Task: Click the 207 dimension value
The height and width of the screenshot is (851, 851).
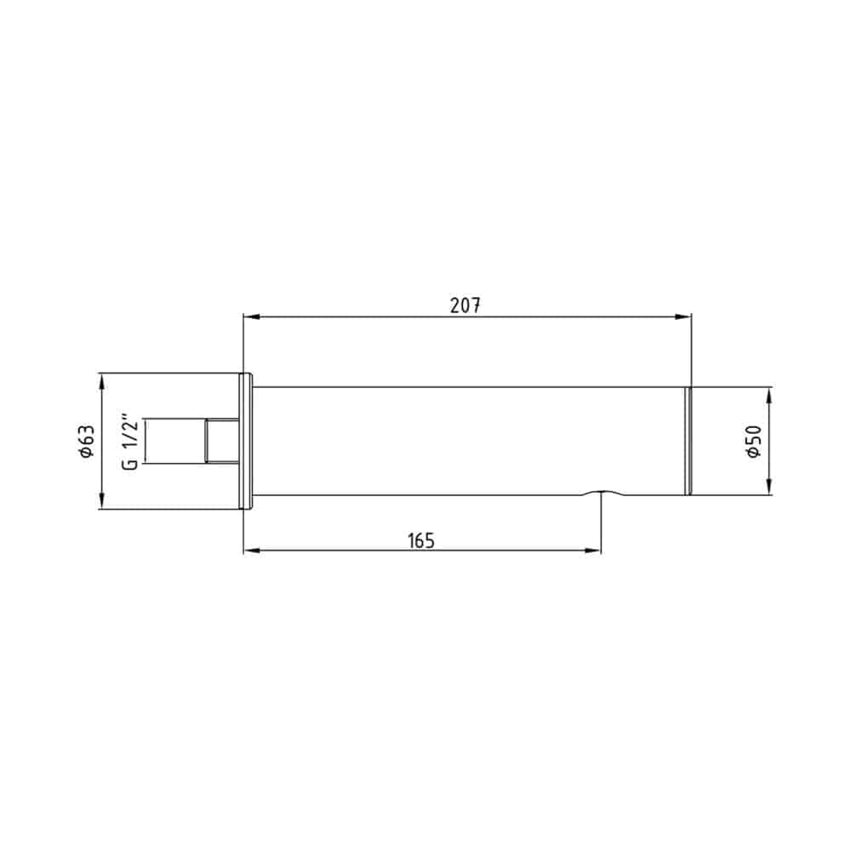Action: click(465, 306)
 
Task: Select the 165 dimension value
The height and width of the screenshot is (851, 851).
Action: click(421, 540)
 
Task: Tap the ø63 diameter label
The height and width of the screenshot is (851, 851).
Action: click(87, 441)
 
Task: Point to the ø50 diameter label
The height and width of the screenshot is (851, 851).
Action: click(754, 442)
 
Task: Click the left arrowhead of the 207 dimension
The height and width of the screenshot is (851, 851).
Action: click(251, 317)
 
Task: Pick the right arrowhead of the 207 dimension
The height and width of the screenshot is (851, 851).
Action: click(683, 317)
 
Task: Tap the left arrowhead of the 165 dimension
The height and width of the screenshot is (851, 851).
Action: click(251, 551)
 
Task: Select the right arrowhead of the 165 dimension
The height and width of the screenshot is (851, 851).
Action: click(593, 551)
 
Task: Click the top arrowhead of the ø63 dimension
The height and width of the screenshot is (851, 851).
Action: click(102, 381)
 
